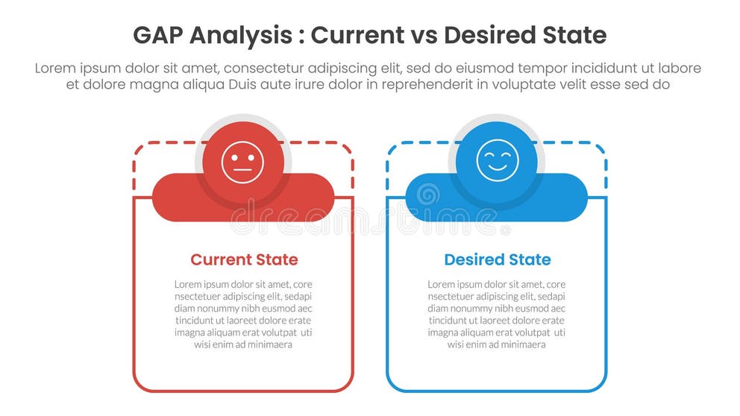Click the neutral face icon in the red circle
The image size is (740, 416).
[x=243, y=162]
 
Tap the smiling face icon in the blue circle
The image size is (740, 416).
[x=498, y=161]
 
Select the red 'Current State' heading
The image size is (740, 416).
[x=244, y=259]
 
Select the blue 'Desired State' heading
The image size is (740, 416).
[x=498, y=259]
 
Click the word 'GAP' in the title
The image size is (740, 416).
[x=158, y=35]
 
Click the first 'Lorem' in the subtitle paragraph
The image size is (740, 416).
[x=57, y=68]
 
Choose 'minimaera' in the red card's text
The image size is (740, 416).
[x=267, y=344]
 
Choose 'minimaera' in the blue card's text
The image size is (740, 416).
[x=521, y=344]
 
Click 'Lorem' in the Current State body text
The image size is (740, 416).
[x=189, y=284]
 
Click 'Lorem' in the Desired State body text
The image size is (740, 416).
[x=442, y=284]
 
